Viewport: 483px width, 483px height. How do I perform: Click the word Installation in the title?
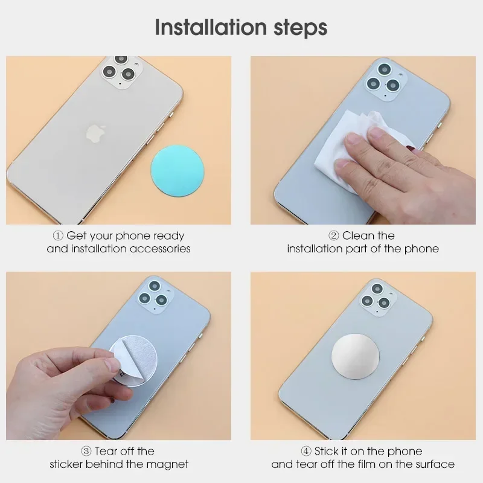(211, 27)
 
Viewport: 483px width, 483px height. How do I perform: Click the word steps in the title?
(300, 28)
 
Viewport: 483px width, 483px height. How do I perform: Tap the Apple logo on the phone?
(95, 133)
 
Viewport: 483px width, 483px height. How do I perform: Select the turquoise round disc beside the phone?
(178, 170)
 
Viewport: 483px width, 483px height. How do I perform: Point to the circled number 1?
(58, 236)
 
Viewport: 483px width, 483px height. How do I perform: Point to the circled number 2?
(334, 236)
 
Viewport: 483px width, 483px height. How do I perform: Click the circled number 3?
(86, 451)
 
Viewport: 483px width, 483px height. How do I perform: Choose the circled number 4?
(306, 451)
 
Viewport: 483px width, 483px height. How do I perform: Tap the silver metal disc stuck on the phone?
(356, 356)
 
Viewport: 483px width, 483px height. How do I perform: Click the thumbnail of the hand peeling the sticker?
(118, 356)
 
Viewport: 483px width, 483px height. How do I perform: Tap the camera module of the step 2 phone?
(384, 80)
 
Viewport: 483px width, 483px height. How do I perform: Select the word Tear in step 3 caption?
(107, 451)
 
